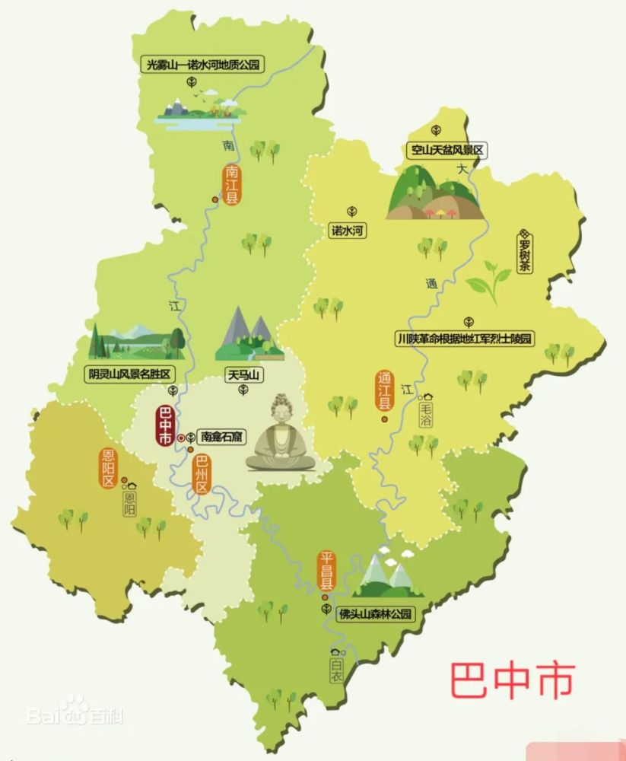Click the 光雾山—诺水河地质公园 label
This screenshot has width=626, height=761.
[202, 64]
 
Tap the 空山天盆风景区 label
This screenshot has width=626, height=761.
[447, 150]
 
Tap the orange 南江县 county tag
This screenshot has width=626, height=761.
[231, 184]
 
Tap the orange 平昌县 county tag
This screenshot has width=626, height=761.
[326, 573]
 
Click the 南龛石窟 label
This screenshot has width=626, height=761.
[218, 438]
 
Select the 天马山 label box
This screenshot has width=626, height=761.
[243, 374]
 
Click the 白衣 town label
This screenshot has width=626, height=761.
[337, 669]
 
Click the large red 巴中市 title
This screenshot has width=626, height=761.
[511, 680]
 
